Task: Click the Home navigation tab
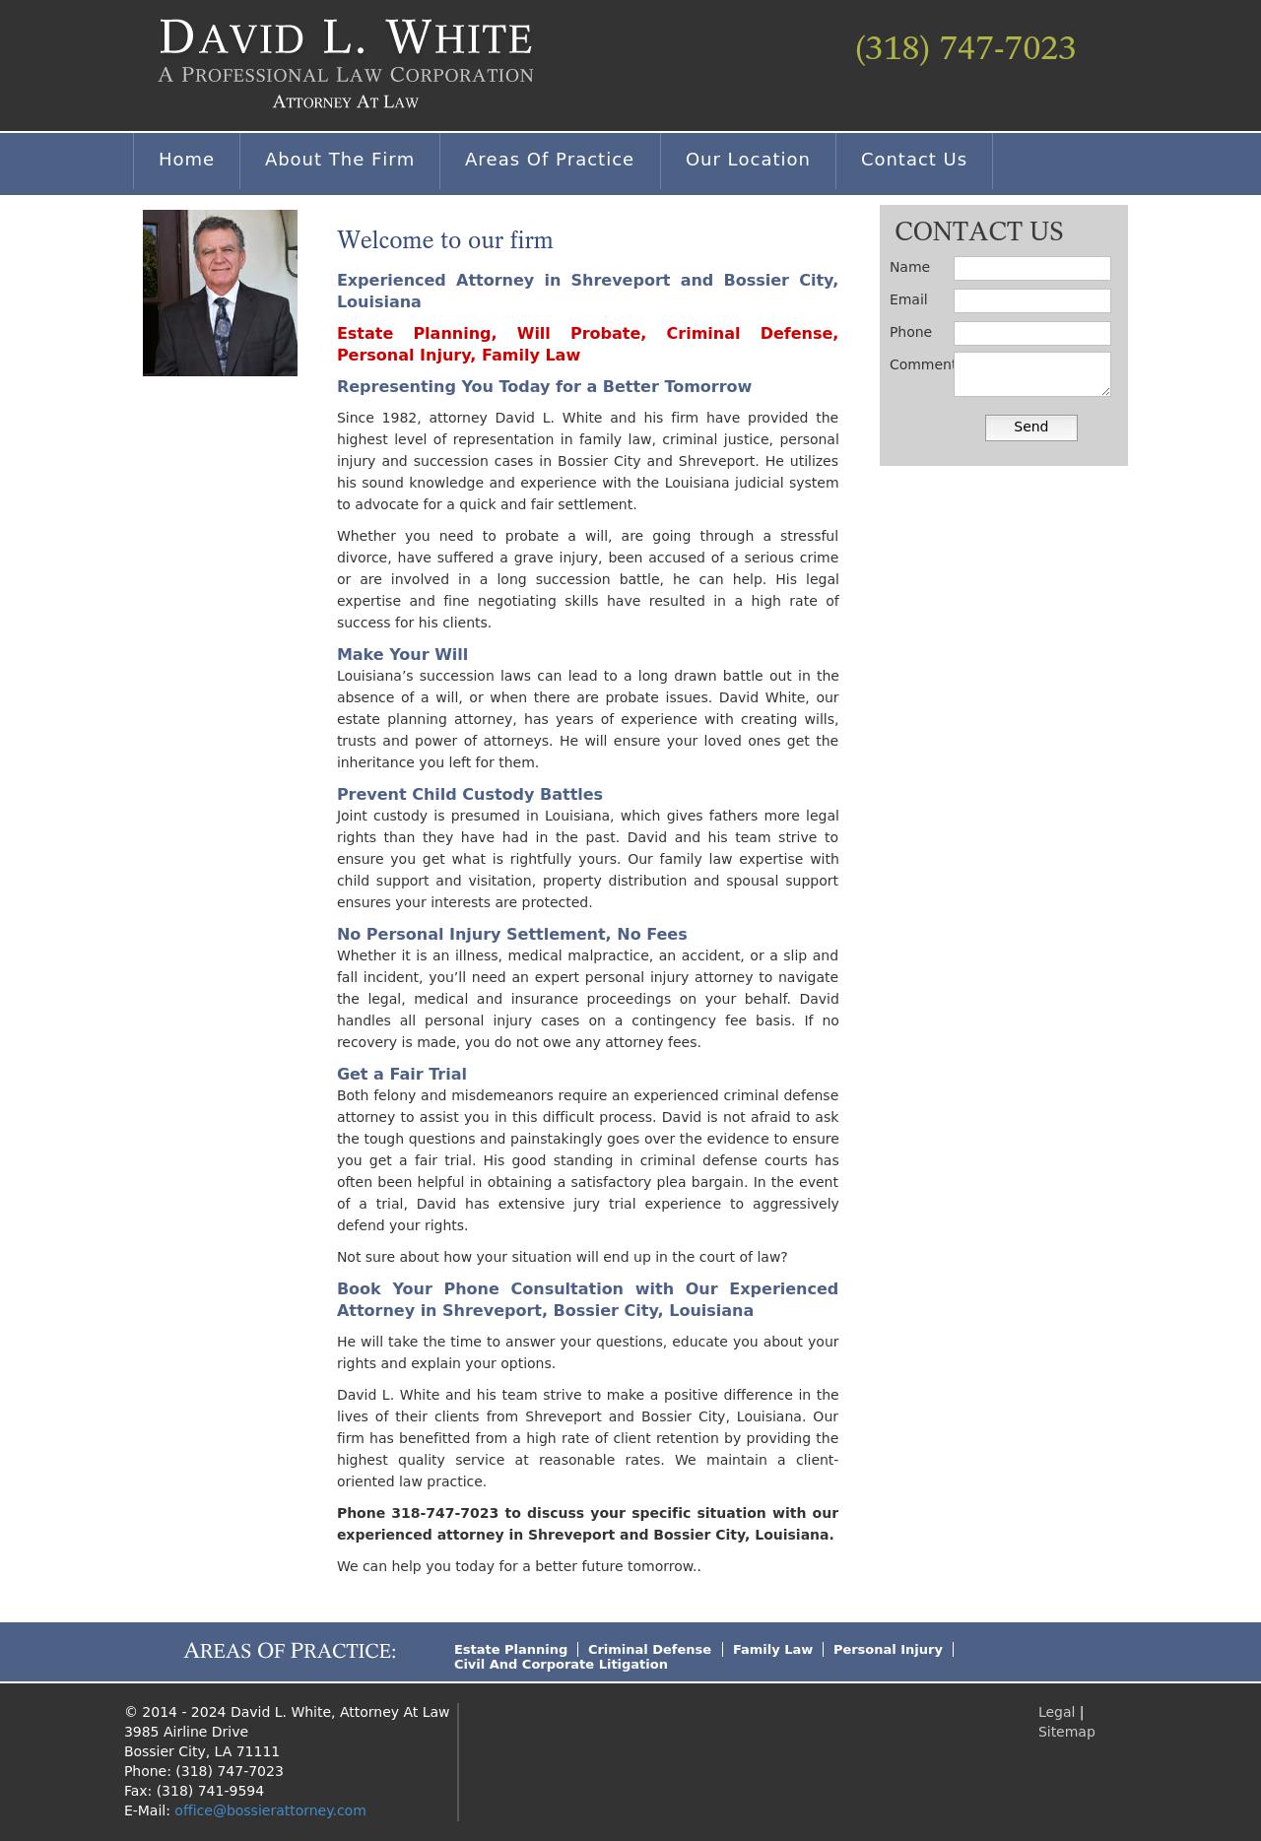(186, 160)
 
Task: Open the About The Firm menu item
(339, 160)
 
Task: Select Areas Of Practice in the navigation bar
(549, 160)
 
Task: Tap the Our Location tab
(748, 160)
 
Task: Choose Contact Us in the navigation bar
(913, 160)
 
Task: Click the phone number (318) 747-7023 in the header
(964, 48)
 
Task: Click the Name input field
(1031, 268)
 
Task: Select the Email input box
(1031, 300)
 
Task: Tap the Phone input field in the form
(1031, 333)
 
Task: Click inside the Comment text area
(1031, 374)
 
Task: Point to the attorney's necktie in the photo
(223, 330)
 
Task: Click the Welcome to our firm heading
(444, 240)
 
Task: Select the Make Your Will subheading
(402, 654)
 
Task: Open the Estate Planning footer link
(510, 1649)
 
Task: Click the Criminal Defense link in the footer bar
(649, 1649)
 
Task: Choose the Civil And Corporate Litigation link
(561, 1664)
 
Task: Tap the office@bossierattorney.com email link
(270, 1810)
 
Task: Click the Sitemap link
(1066, 1732)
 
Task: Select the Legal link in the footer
(1056, 1712)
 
